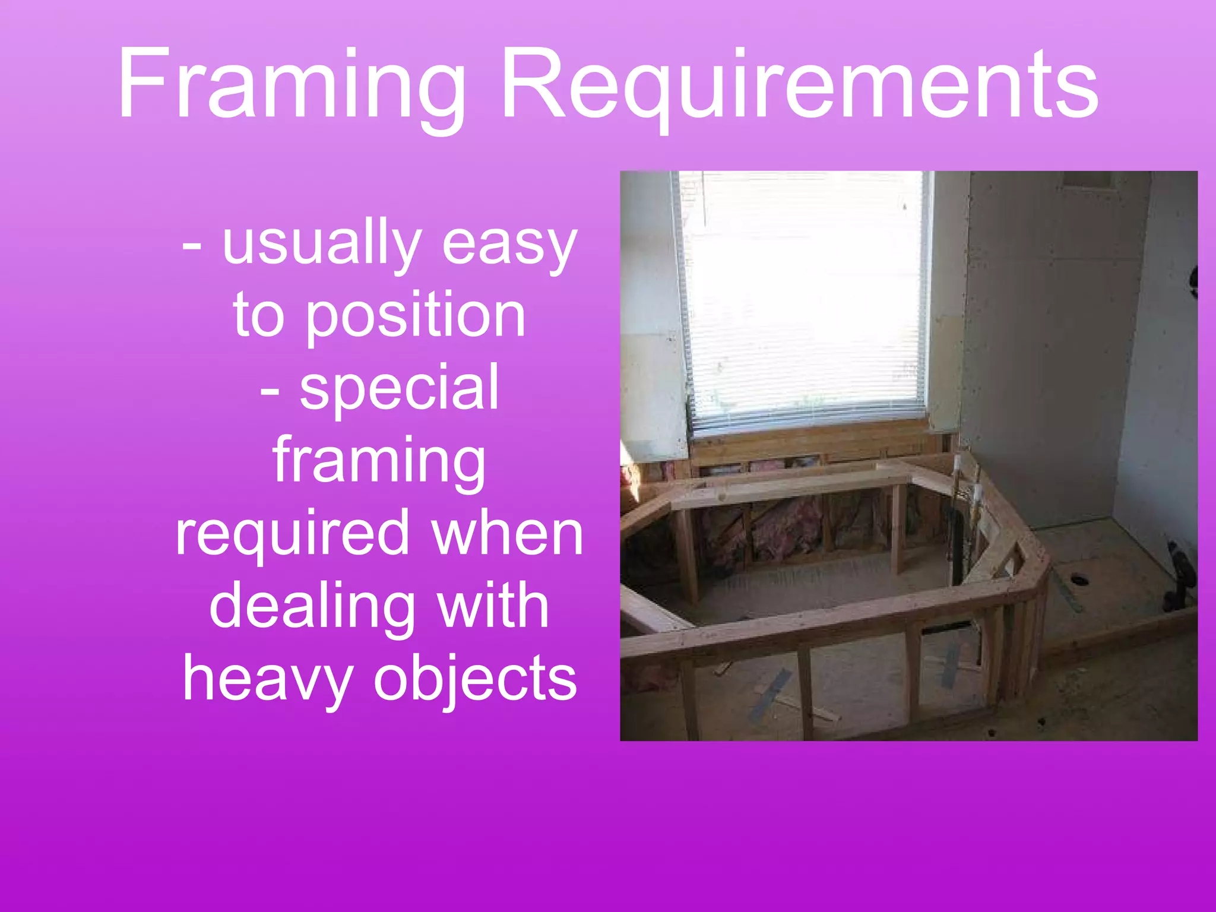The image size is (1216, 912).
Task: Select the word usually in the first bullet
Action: click(321, 243)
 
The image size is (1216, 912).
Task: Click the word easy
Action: click(509, 243)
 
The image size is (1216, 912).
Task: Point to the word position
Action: click(415, 316)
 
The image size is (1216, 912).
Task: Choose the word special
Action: click(399, 388)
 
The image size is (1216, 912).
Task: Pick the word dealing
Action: click(312, 607)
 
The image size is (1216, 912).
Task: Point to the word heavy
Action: click(267, 679)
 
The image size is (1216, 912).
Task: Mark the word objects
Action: click(475, 679)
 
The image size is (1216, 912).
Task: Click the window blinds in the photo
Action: click(805, 297)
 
